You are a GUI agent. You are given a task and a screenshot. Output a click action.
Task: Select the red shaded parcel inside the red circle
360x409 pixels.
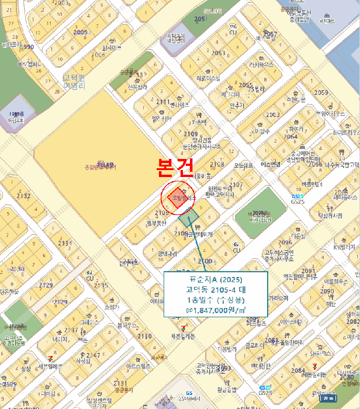click(176, 197)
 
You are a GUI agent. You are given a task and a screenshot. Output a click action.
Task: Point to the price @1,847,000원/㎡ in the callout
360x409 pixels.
click(216, 310)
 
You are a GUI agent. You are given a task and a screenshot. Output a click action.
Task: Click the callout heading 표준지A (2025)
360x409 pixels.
click(216, 279)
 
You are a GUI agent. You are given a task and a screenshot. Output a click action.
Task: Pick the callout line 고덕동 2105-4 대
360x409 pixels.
click(216, 289)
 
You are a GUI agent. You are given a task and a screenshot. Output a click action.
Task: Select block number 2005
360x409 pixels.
click(81, 32)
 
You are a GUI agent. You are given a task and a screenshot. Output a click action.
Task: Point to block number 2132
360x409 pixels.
click(23, 196)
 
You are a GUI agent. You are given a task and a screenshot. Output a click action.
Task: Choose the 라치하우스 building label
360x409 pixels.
click(261, 65)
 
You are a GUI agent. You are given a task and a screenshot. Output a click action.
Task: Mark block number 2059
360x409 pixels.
click(321, 92)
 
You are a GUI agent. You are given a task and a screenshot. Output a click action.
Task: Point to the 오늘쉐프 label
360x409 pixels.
click(243, 165)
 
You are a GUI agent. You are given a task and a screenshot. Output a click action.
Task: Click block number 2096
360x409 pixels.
click(285, 242)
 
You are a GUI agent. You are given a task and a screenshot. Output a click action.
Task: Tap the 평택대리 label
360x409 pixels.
click(167, 254)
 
